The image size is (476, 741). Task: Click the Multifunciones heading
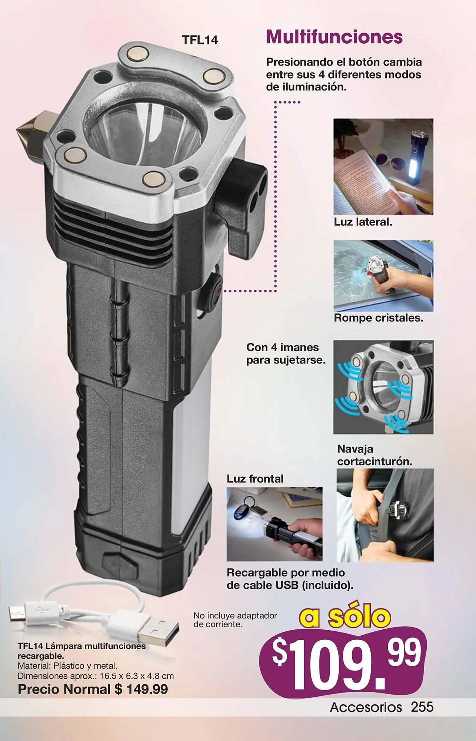tap(334, 37)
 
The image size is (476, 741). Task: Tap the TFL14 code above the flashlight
tap(200, 40)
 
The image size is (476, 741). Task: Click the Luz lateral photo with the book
tap(383, 167)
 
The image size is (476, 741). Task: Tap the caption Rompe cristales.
tap(378, 318)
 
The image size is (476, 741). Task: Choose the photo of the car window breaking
tap(383, 275)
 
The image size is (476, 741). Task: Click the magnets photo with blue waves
tap(383, 387)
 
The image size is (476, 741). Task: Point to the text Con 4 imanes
tap(282, 347)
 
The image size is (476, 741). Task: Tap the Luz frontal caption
tap(255, 479)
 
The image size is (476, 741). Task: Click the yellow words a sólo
tap(345, 617)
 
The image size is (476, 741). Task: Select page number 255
tap(422, 707)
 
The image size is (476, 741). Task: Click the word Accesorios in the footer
tap(366, 707)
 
